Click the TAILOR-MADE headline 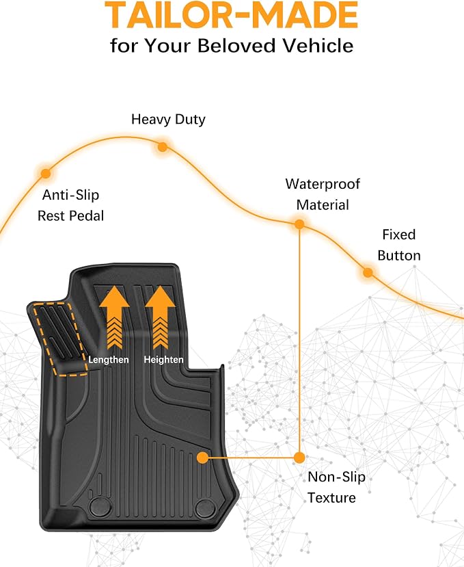(231, 14)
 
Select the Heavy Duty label (168, 119)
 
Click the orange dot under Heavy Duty (163, 147)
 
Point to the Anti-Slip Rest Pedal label (71, 205)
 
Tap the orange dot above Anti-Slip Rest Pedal (46, 173)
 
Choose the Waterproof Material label (323, 194)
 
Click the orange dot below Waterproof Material (299, 224)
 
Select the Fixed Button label (399, 245)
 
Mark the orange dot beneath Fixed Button (368, 272)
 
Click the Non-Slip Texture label (336, 487)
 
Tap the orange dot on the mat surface (203, 458)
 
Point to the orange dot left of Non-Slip (299, 458)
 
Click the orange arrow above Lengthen (115, 317)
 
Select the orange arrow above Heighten (160, 317)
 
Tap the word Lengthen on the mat (109, 360)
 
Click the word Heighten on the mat (163, 360)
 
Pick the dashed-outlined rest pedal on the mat (60, 339)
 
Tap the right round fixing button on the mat (206, 507)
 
